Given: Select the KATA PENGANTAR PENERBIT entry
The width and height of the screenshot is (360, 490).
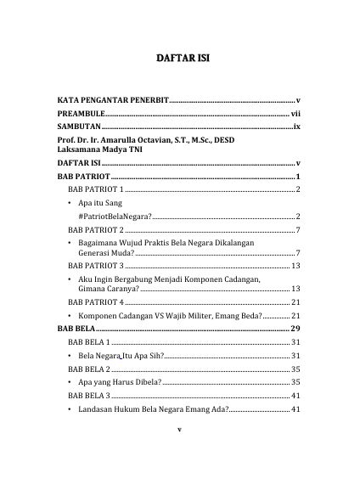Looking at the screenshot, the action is [x=113, y=99].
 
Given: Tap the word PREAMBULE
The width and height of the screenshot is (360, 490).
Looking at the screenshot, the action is [x=82, y=112].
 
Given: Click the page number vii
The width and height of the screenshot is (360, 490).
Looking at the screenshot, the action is [x=295, y=112].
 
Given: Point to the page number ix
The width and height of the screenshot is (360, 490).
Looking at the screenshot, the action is [x=296, y=125].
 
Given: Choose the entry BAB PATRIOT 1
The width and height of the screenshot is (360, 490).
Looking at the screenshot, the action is [x=95, y=189].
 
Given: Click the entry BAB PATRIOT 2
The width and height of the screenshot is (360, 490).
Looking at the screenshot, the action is [x=95, y=230].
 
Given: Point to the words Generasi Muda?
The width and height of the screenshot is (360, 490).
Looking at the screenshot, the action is [x=106, y=253].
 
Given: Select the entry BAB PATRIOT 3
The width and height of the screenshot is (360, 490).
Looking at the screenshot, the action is [x=95, y=266].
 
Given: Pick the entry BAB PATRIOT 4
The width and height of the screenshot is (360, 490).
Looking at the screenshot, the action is [x=95, y=301].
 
